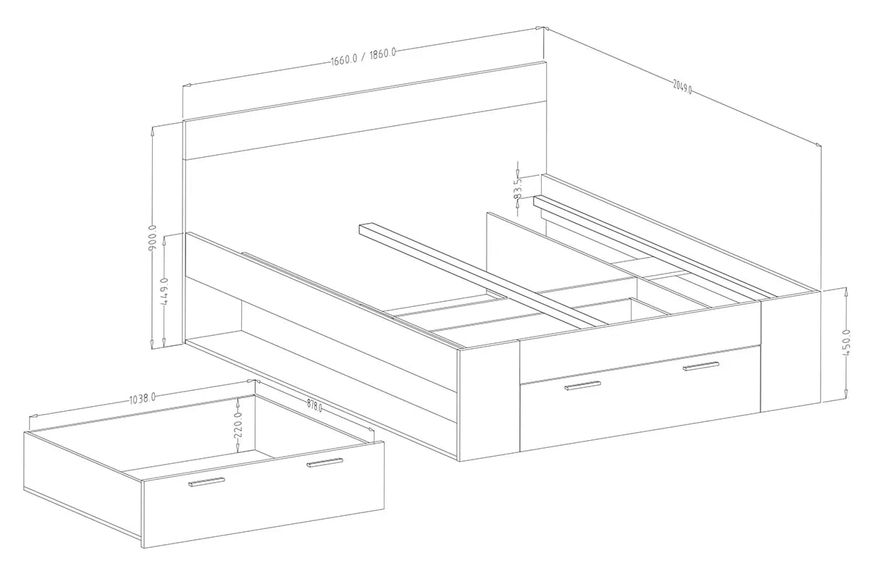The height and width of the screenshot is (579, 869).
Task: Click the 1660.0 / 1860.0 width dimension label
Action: tap(363, 57)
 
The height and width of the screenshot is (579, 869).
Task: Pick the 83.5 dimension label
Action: tap(518, 189)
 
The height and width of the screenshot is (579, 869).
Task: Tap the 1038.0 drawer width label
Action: tap(142, 399)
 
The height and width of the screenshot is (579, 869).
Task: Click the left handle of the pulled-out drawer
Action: tap(206, 482)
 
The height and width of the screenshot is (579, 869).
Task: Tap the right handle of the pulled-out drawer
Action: tap(324, 462)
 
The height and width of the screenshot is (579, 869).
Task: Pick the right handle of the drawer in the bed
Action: tap(701, 365)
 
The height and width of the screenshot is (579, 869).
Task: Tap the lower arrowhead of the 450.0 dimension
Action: tap(845, 394)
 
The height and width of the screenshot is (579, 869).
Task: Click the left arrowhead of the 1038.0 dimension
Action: tap(34, 415)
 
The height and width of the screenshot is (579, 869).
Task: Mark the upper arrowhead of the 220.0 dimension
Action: tap(238, 403)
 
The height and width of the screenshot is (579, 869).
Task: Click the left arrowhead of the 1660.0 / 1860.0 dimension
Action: tap(188, 85)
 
